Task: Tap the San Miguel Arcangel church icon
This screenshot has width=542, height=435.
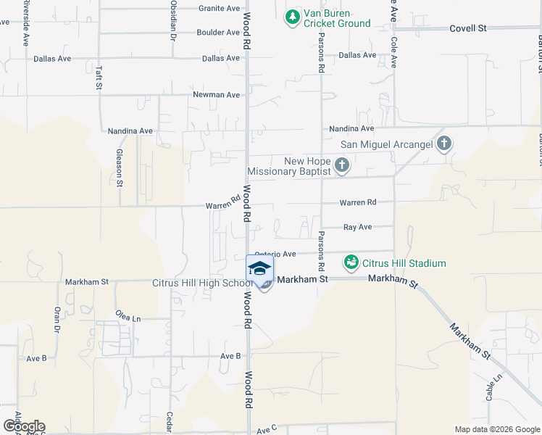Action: click(x=444, y=144)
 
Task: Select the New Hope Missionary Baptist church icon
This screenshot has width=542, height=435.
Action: click(x=342, y=166)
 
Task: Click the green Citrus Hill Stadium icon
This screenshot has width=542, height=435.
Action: click(x=351, y=262)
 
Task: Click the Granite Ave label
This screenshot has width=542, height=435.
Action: click(x=219, y=9)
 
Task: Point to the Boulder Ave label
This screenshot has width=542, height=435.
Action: click(x=217, y=33)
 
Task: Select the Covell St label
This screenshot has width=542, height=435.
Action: click(x=467, y=28)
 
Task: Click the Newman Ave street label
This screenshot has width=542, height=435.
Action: click(x=216, y=95)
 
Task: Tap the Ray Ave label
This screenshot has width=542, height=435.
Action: click(x=357, y=227)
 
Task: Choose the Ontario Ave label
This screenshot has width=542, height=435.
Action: click(x=275, y=254)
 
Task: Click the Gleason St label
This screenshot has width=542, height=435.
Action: click(x=120, y=167)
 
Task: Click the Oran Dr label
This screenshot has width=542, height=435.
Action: click(x=56, y=319)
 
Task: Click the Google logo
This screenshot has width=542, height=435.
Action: click(x=23, y=426)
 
